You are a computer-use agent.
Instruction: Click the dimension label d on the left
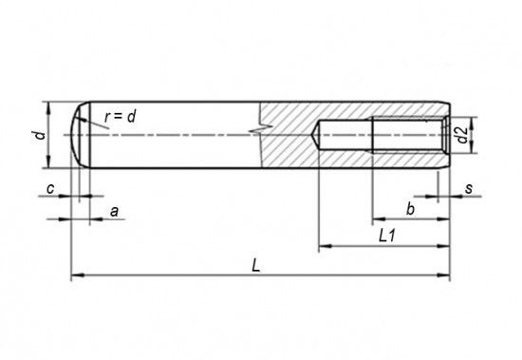[40, 135]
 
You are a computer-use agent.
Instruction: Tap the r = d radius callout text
[121, 117]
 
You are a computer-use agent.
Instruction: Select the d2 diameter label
[462, 135]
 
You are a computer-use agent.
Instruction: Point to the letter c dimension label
[50, 189]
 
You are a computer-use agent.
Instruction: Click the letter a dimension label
[114, 211]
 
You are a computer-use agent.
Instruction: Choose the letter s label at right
[469, 189]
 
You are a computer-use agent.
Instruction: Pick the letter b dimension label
[410, 210]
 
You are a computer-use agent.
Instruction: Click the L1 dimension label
[387, 236]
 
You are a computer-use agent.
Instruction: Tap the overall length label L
[255, 266]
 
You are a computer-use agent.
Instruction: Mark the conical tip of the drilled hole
[315, 135]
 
